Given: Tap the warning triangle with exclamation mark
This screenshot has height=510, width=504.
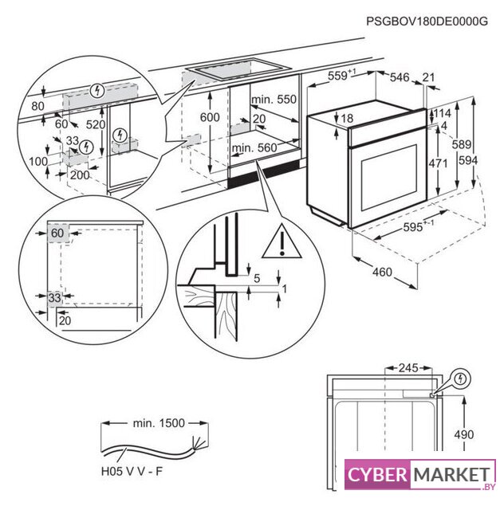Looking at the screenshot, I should point(282,241).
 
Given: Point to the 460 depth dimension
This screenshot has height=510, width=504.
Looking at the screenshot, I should point(382,273).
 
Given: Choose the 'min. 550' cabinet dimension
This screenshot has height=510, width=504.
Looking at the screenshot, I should point(273,100).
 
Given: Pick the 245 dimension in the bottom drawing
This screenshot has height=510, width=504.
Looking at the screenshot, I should point(408,368).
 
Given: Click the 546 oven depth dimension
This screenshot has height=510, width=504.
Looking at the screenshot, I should point(399,76).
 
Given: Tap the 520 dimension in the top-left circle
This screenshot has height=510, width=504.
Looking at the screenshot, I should point(96,124).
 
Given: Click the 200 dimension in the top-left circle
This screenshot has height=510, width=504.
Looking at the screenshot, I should point(78,174).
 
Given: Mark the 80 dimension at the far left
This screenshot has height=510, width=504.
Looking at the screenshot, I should point(38,105).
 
